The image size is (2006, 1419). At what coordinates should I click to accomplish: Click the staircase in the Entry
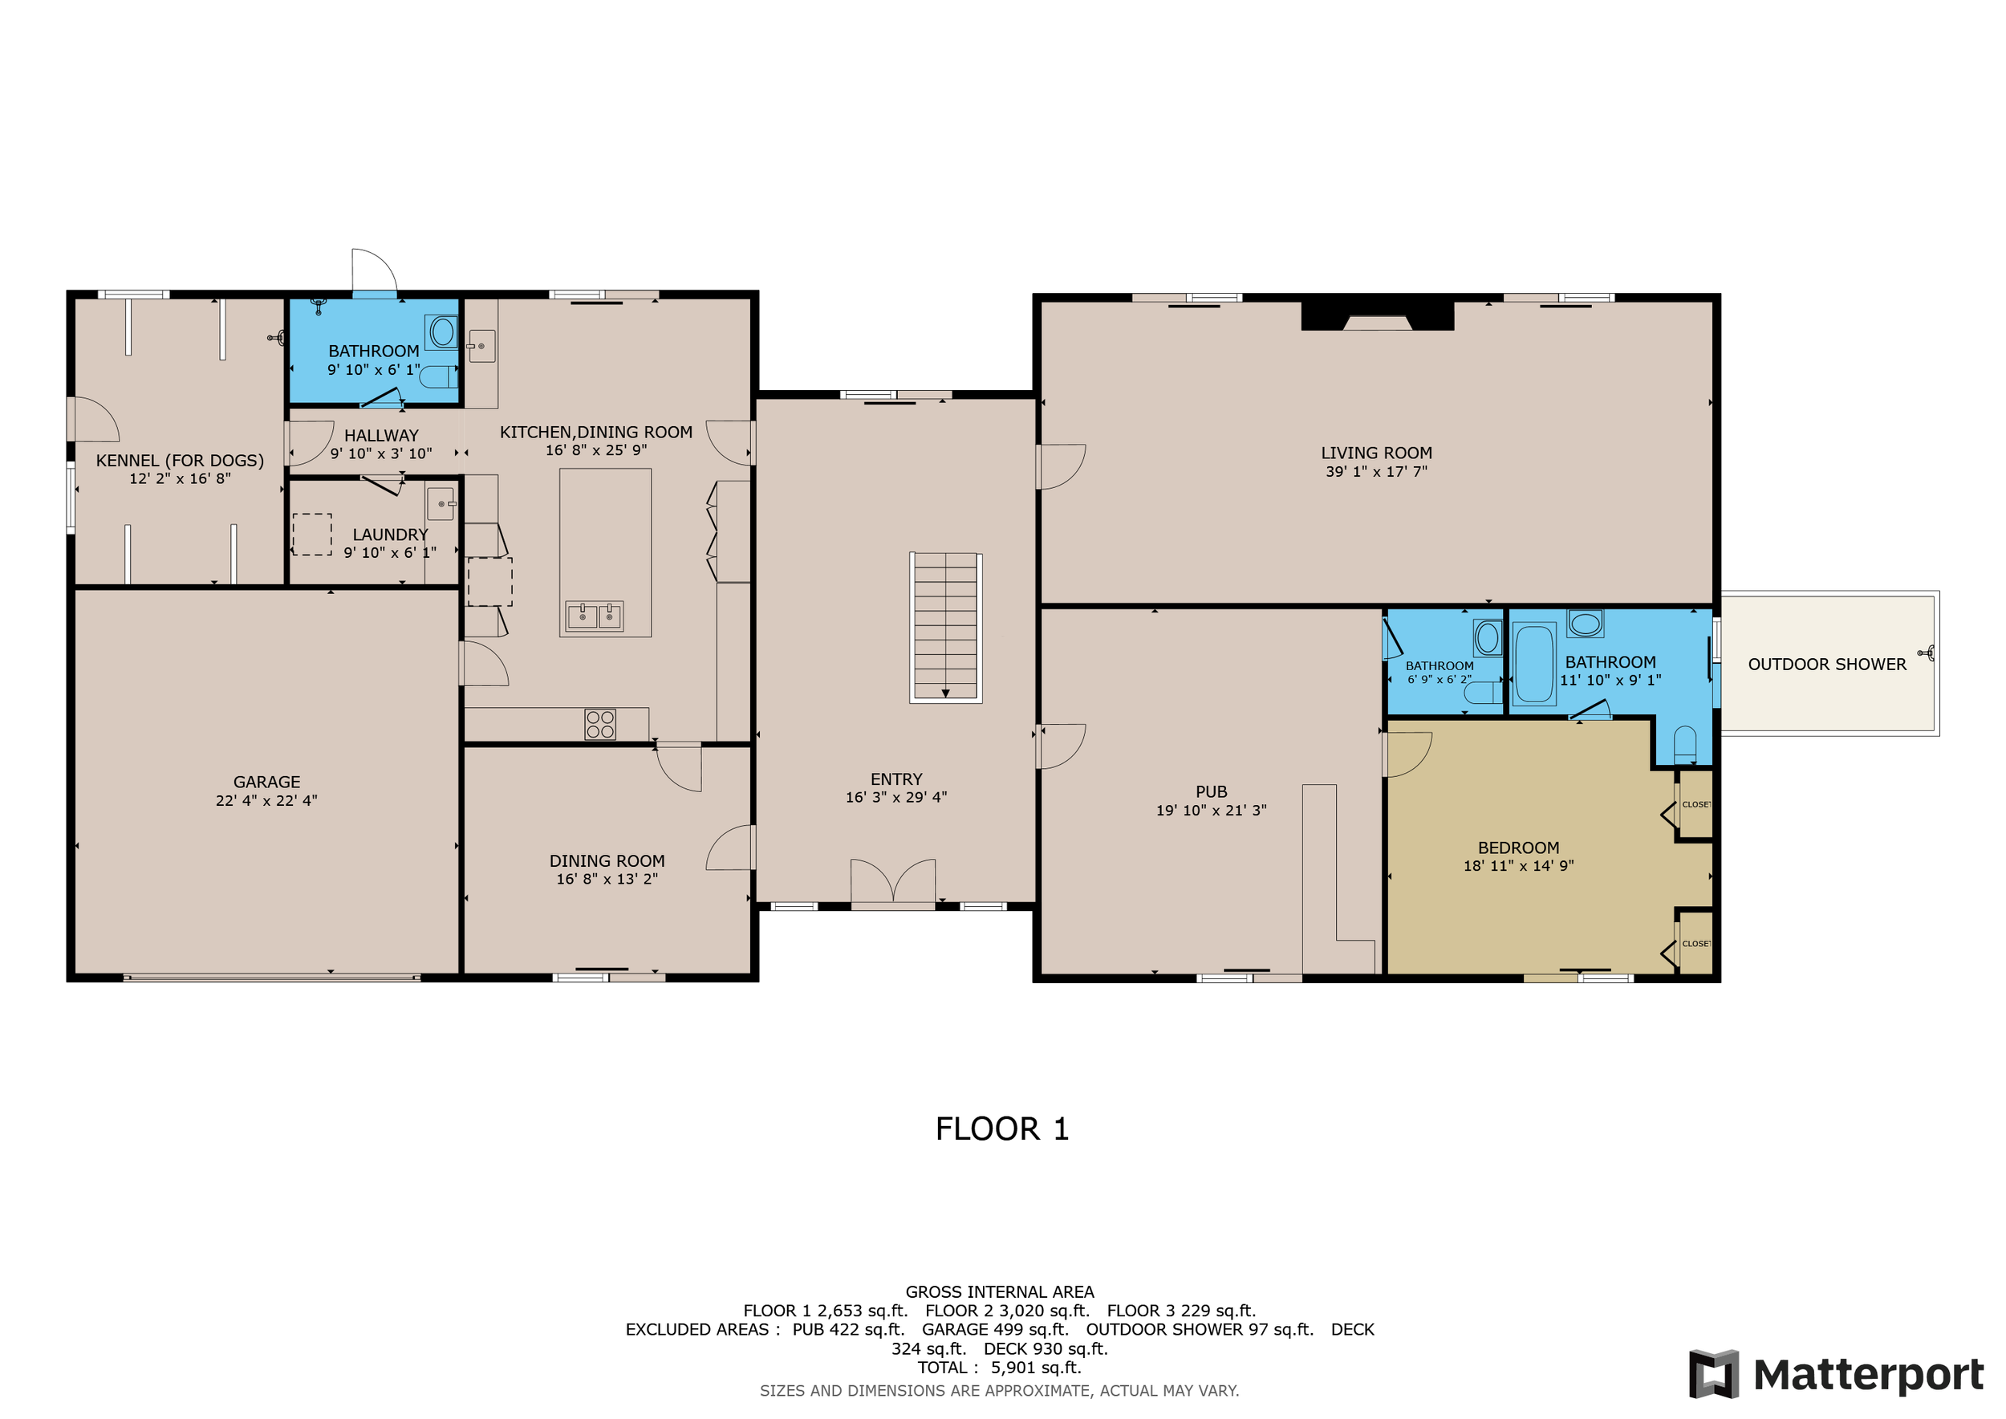click(x=945, y=628)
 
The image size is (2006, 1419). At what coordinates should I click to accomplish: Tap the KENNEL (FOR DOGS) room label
click(x=180, y=461)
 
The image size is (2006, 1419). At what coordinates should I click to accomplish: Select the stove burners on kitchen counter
click(x=600, y=725)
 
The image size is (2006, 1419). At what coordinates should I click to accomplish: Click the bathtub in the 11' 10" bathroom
click(x=1533, y=663)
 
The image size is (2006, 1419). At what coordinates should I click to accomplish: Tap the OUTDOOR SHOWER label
click(x=1827, y=664)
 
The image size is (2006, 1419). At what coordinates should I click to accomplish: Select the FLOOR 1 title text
click(x=1002, y=1129)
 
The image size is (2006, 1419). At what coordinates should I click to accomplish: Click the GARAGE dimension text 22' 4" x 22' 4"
click(x=266, y=800)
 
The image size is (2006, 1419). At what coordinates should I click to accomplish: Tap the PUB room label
click(x=1211, y=791)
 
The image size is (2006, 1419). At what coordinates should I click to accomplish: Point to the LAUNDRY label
click(x=390, y=535)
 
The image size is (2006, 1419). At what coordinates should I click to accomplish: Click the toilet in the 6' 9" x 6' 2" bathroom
click(x=1483, y=693)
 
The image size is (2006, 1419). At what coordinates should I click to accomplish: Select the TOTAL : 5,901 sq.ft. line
click(x=999, y=1368)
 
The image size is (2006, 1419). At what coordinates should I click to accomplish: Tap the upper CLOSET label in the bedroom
click(x=1695, y=805)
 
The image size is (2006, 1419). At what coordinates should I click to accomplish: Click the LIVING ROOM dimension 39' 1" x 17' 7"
click(x=1376, y=472)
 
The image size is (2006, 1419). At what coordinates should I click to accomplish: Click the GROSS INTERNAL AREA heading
click(x=1000, y=1291)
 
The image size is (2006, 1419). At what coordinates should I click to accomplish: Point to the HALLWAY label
click(x=381, y=435)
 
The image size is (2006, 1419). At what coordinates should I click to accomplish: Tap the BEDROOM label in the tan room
click(x=1518, y=848)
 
